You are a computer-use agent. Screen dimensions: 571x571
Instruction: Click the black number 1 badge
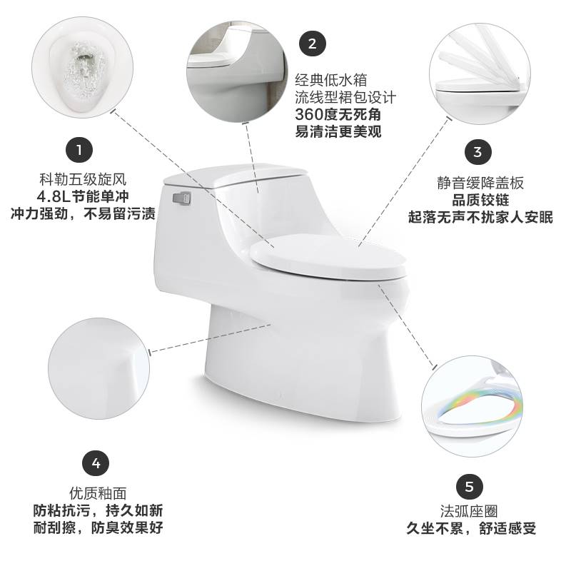click(x=79, y=150)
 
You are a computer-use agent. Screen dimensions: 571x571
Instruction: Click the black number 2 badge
click(x=313, y=44)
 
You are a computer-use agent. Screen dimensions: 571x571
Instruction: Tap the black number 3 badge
click(x=477, y=151)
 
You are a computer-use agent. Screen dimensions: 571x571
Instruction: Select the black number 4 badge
click(x=96, y=463)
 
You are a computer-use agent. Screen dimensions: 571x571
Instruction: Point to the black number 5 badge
click(x=470, y=487)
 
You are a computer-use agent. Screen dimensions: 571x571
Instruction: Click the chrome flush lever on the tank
click(x=182, y=198)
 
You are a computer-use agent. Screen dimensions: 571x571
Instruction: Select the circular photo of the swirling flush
click(x=82, y=67)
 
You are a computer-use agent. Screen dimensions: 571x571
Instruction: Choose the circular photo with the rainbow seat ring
click(x=473, y=406)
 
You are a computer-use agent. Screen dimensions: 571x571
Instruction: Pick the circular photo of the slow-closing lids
click(x=480, y=74)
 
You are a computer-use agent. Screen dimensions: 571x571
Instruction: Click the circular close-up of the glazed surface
click(x=98, y=368)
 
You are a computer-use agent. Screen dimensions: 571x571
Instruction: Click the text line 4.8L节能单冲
click(x=83, y=197)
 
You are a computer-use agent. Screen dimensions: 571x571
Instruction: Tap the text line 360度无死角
click(x=338, y=114)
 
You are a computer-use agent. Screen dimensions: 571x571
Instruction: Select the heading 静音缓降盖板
click(x=480, y=183)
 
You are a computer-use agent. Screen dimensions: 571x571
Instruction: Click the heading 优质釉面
click(x=98, y=493)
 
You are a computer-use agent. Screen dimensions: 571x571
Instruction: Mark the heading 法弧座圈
click(x=469, y=511)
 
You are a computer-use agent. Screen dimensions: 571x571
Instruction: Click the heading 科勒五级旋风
click(x=83, y=180)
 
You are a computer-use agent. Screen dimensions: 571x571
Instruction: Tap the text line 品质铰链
click(x=480, y=200)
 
